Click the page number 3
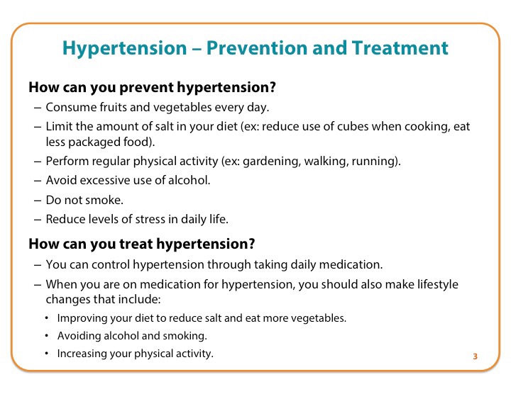point(475,356)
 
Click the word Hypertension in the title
point(124,49)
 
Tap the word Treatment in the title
point(400,47)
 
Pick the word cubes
point(353,126)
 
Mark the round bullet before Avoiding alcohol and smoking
point(47,335)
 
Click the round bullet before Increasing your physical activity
point(47,353)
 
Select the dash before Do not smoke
point(38,201)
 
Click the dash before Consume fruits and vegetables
point(38,108)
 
